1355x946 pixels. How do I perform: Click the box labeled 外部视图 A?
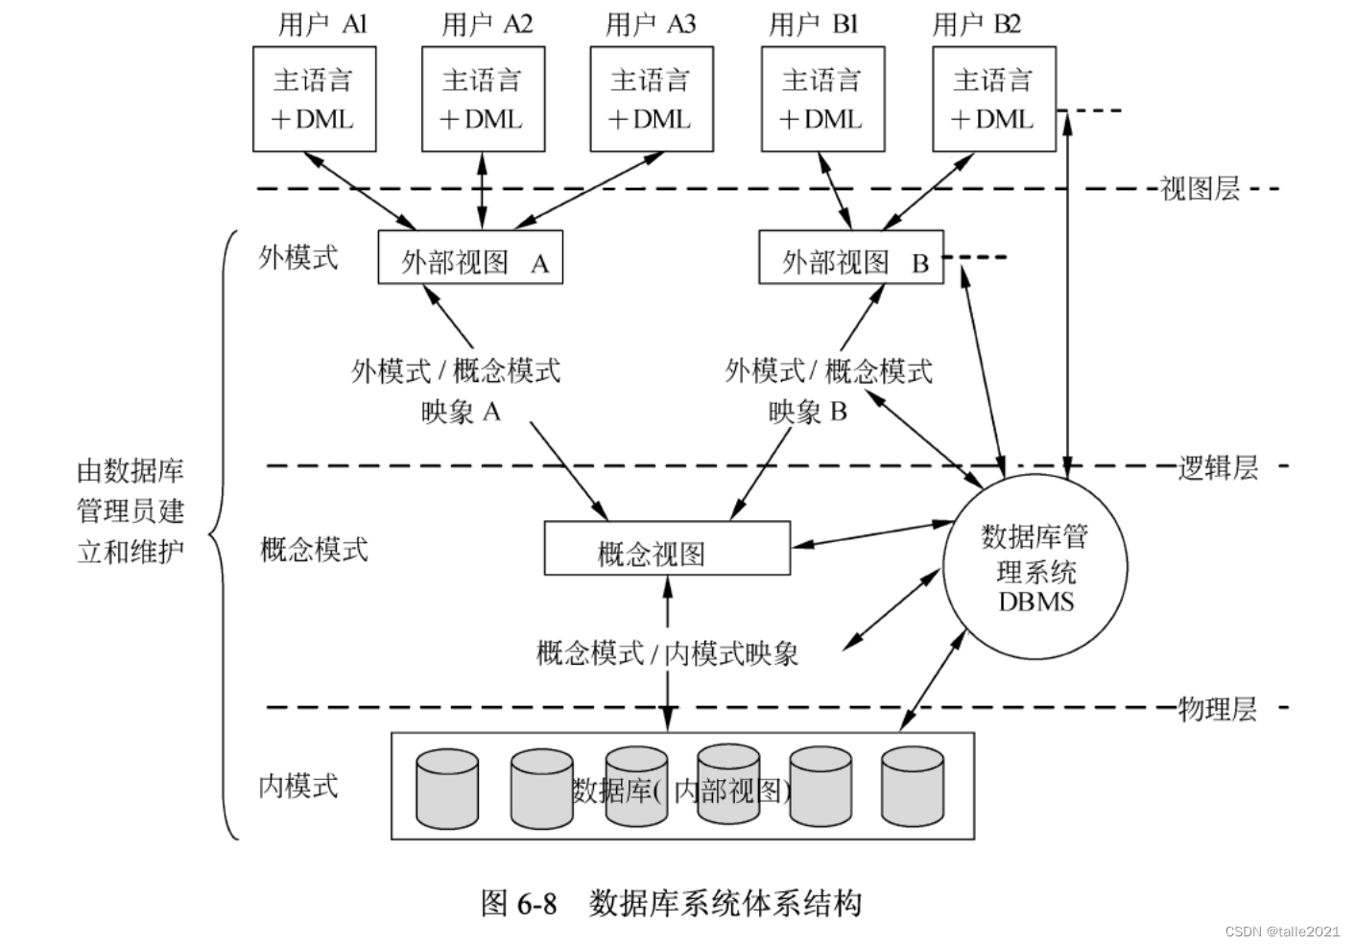pos(469,257)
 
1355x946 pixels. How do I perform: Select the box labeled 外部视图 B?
pos(850,257)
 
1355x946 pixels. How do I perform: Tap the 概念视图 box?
pos(667,549)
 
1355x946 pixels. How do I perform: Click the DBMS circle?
pos(1035,568)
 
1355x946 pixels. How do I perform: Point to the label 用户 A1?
pos(322,24)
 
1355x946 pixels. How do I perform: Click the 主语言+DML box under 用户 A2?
pos(483,99)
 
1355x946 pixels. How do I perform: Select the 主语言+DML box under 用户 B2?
pos(993,99)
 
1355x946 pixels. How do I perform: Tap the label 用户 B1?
pos(813,24)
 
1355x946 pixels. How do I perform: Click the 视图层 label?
pos(1200,188)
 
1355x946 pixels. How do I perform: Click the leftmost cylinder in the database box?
pos(447,789)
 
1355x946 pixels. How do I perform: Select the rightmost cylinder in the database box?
pos(912,787)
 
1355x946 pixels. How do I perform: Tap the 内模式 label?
pos(298,786)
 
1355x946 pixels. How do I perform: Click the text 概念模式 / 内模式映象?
pos(667,654)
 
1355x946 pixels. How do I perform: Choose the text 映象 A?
pos(461,412)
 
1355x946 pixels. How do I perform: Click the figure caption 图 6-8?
pos(518,903)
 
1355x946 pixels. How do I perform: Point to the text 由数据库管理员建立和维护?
pos(131,510)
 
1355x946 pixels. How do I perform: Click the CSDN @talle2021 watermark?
pos(1282,931)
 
